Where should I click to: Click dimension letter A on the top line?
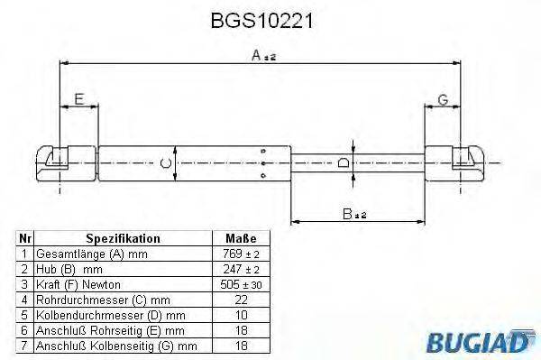point(257,56)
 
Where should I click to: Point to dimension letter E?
point(78,98)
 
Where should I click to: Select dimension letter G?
point(443,98)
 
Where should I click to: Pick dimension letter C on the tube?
point(162,163)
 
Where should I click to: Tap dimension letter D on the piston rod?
point(343,163)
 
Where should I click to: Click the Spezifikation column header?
point(123,239)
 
